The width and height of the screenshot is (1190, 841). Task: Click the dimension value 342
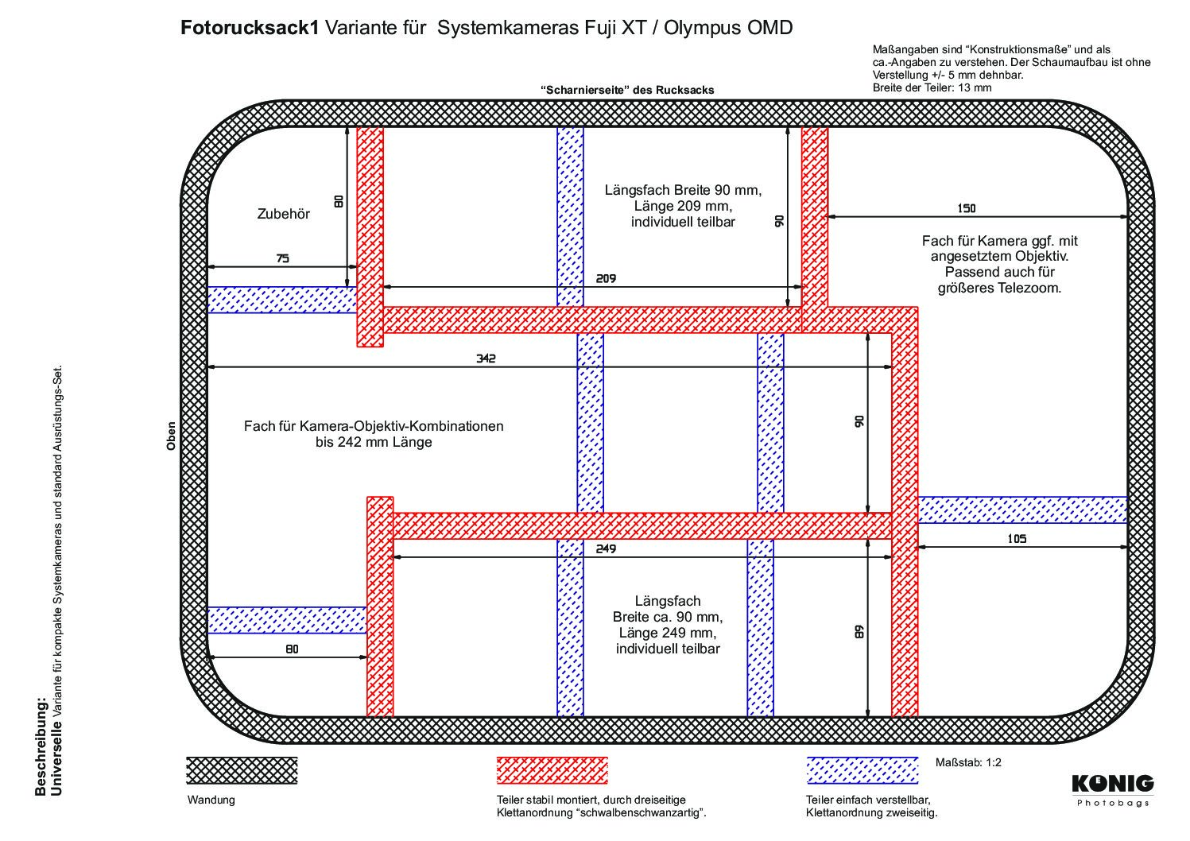(x=486, y=358)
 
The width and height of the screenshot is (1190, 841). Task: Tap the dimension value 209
(x=606, y=279)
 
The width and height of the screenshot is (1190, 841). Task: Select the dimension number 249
(x=606, y=548)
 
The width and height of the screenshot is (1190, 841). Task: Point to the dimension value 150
(x=967, y=208)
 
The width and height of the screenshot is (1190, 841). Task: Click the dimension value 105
(x=1017, y=539)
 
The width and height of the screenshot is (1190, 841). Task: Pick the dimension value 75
(x=283, y=258)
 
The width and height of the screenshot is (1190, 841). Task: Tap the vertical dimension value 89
(x=859, y=632)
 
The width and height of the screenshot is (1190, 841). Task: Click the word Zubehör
(x=283, y=214)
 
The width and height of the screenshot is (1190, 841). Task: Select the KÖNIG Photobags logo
(x=1113, y=791)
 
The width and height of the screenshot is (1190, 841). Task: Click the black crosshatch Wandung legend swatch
(x=242, y=770)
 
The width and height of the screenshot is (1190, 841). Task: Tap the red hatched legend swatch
(x=552, y=770)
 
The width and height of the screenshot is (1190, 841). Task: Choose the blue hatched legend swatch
(x=862, y=770)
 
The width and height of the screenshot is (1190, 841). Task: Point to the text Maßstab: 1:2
(x=968, y=762)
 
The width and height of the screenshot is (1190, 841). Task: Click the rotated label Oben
(x=171, y=436)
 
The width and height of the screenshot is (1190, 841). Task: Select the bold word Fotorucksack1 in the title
(x=250, y=28)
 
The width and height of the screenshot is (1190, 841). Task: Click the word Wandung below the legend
(x=211, y=800)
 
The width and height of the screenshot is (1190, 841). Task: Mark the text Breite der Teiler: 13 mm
(x=932, y=87)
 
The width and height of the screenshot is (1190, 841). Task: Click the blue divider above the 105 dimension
(x=1022, y=510)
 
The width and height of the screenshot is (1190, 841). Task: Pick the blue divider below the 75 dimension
(x=282, y=300)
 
